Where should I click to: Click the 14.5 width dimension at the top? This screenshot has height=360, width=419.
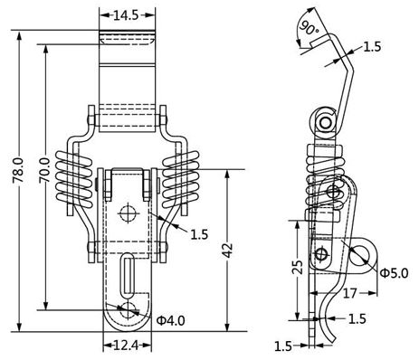126,15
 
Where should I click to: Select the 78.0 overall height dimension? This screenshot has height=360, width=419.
18,170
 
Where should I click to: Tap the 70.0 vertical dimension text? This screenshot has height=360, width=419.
45,170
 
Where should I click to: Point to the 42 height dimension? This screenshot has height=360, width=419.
228,250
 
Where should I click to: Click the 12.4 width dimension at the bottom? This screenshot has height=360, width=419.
127,346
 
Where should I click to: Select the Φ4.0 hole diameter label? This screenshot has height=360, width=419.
171,320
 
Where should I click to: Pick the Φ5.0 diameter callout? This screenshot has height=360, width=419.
394,273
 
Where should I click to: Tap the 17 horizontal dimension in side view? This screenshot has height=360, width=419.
350,293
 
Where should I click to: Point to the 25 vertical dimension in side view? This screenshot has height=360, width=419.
299,267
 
